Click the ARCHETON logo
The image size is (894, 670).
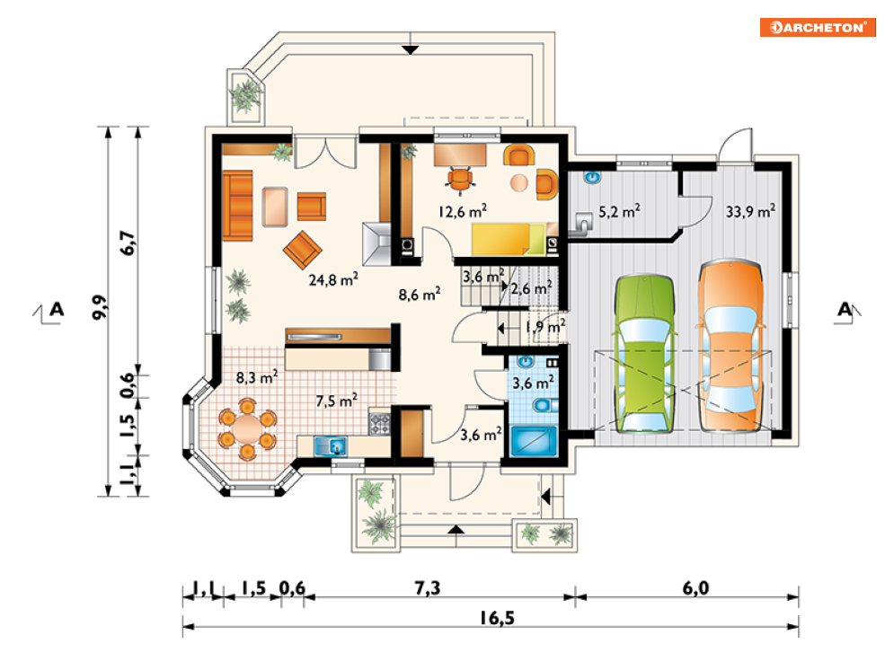point(818,27)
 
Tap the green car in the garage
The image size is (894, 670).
point(644,353)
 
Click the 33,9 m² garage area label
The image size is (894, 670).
point(750,211)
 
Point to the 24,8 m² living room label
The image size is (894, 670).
point(333,279)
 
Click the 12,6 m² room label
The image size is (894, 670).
point(463,211)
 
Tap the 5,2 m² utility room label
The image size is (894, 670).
point(619,211)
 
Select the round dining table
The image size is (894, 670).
point(247,429)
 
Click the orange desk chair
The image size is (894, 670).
point(460,180)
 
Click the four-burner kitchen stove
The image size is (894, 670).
point(380,423)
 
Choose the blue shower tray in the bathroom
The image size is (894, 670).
point(534,442)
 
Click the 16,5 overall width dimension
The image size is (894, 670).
point(497,618)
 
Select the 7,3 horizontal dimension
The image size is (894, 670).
point(427,587)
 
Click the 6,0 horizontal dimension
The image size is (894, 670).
point(695,587)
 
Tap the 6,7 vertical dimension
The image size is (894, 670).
point(128,242)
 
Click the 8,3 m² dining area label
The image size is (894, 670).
point(257,377)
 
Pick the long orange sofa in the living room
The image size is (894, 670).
point(237,205)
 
